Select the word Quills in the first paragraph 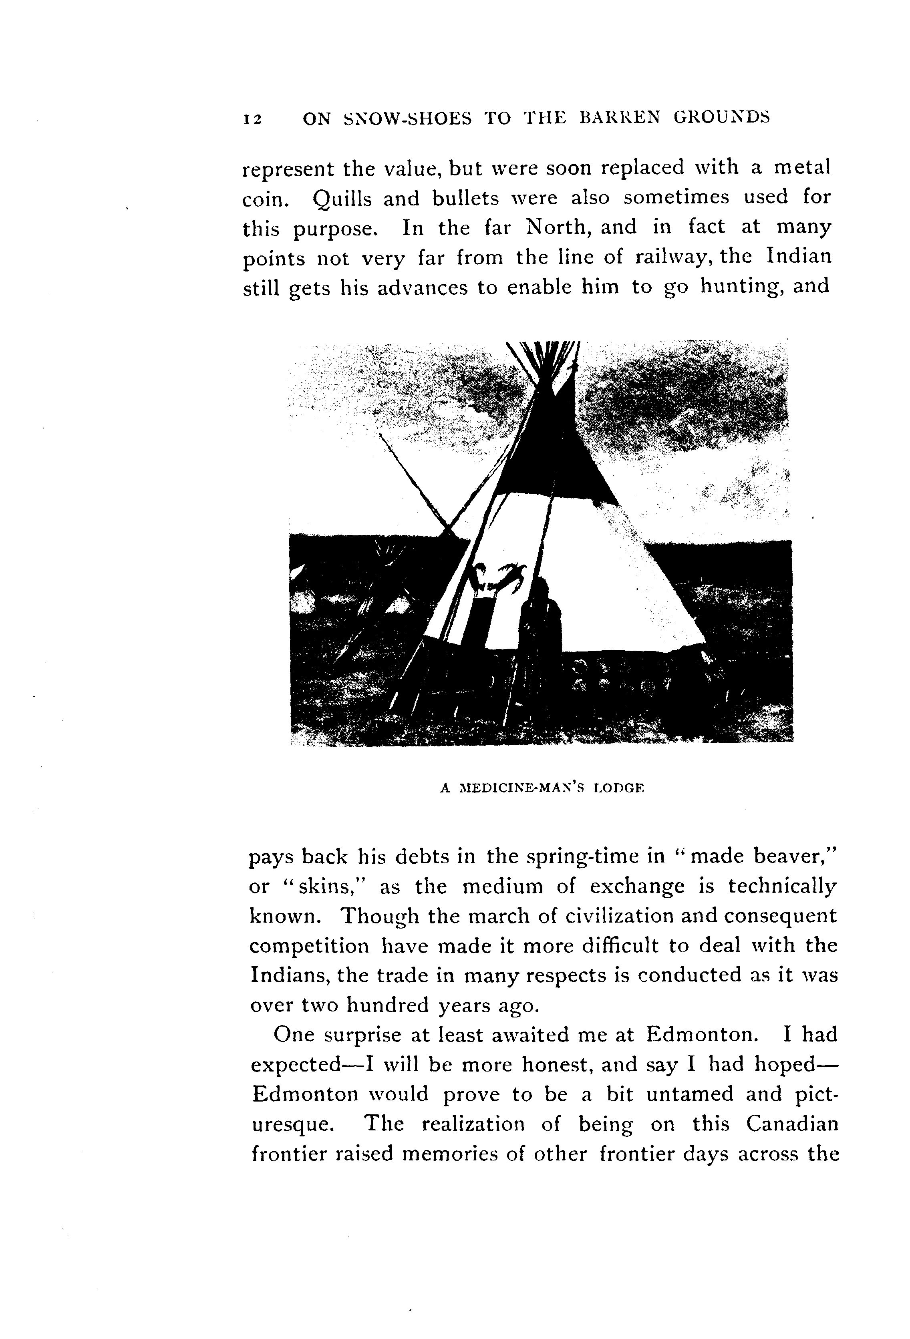click(342, 199)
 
